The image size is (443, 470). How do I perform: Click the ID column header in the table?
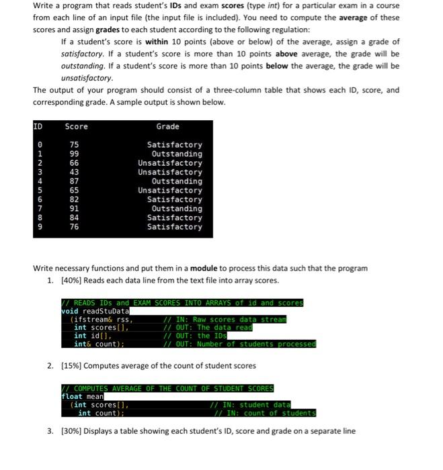(x=38, y=126)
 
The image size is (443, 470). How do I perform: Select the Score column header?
(x=76, y=126)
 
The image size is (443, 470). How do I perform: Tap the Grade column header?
(x=168, y=126)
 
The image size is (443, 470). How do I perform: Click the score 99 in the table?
(x=75, y=154)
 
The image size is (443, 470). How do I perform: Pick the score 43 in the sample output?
(x=75, y=172)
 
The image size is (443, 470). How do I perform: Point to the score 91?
(x=75, y=209)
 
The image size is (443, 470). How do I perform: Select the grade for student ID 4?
(x=177, y=181)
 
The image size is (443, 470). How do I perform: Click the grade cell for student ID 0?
(x=175, y=145)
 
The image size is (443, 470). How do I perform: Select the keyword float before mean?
(x=72, y=396)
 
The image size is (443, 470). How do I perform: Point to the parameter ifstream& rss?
(x=101, y=319)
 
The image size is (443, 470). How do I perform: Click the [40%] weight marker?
(x=72, y=280)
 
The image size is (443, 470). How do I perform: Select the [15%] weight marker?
(x=72, y=365)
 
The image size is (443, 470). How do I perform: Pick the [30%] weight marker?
(x=72, y=431)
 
